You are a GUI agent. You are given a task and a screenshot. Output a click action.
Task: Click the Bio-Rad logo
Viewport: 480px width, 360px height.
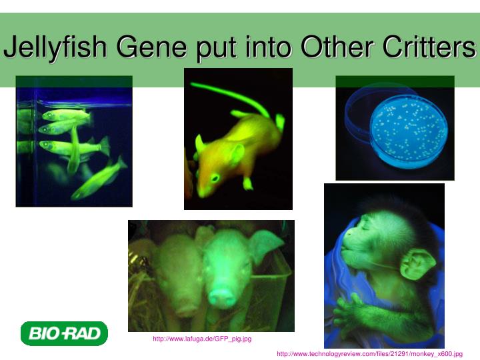[x=64, y=333]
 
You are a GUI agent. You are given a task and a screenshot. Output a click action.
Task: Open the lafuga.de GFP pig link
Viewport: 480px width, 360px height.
[x=202, y=339]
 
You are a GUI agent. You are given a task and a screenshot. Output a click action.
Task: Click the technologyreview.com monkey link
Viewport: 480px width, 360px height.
[x=369, y=354]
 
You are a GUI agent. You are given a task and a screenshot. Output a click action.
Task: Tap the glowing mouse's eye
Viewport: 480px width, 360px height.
[x=215, y=177]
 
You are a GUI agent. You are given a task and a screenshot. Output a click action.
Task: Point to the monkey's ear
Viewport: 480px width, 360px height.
[x=417, y=264]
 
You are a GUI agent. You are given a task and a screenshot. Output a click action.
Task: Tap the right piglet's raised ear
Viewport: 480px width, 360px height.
[x=266, y=243]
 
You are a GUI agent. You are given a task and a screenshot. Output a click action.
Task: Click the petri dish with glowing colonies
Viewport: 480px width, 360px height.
[x=407, y=130]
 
